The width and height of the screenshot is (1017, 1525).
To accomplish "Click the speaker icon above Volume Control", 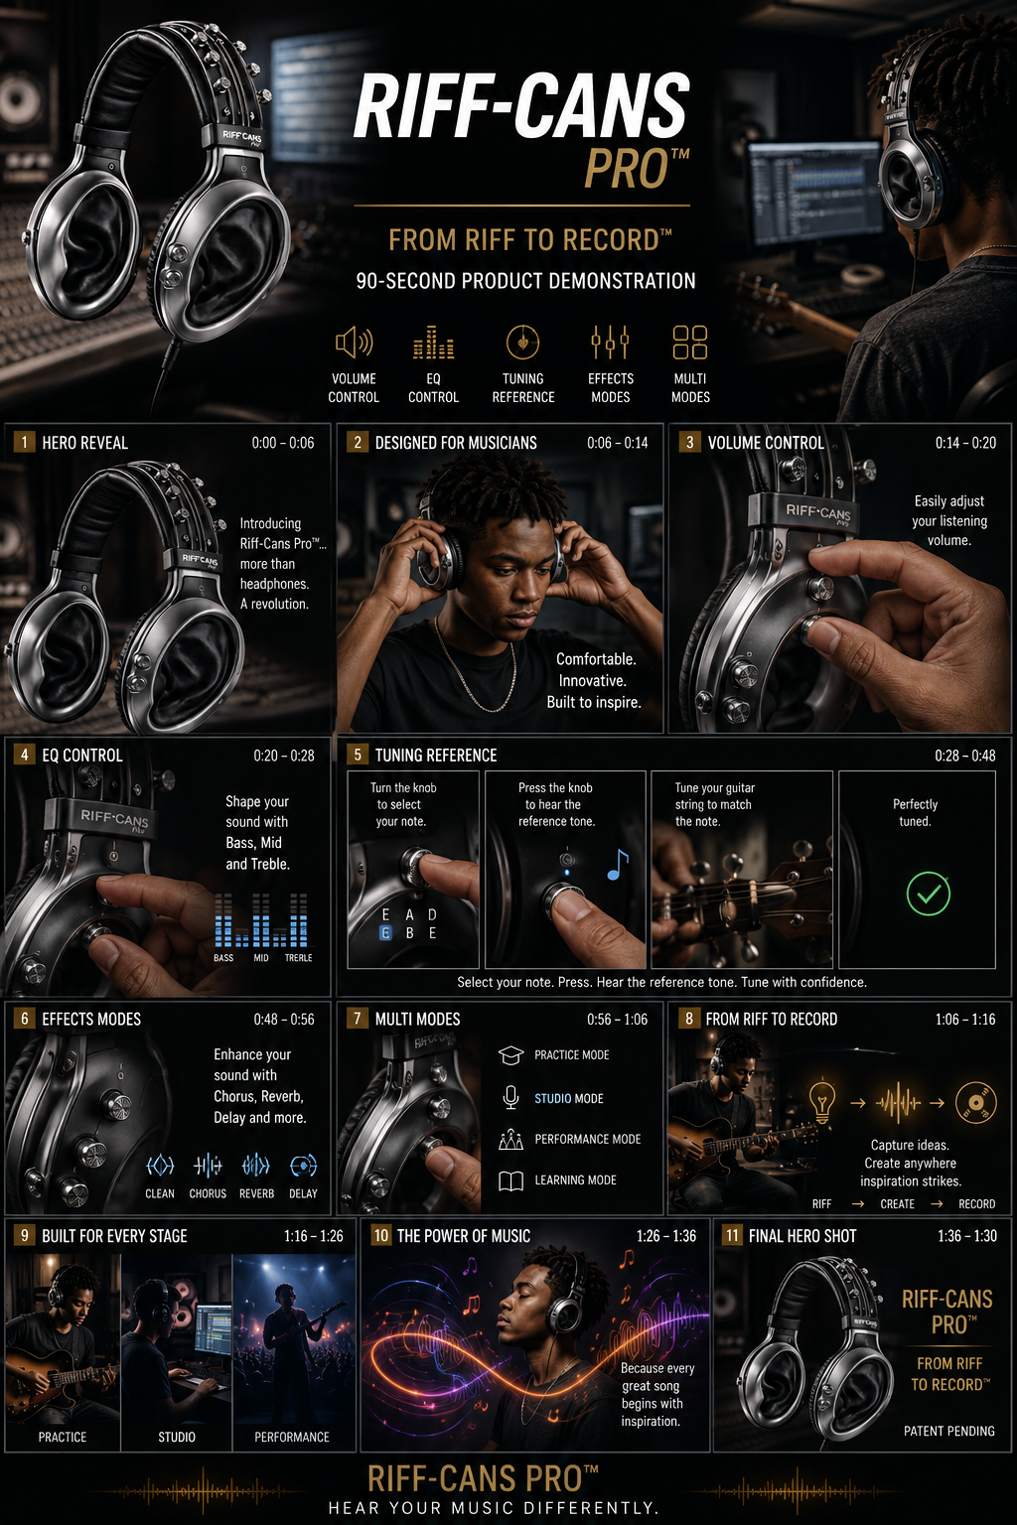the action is [x=354, y=342].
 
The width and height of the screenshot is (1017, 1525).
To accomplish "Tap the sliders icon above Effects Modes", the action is [x=610, y=342].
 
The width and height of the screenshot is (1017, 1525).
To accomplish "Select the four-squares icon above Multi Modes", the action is [x=690, y=342].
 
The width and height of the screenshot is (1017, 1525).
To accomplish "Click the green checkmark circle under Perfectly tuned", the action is [x=929, y=894].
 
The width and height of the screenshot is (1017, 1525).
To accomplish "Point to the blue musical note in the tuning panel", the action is [x=617, y=865].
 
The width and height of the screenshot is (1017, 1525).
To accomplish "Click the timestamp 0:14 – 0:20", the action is [x=965, y=443].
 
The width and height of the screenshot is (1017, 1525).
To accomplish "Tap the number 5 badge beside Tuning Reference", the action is [x=358, y=755].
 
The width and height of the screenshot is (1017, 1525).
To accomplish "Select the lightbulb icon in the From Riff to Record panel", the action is [x=822, y=1101].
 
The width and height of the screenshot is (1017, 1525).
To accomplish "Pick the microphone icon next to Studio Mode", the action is [x=510, y=1097].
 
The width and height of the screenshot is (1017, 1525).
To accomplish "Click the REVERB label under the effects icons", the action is [x=257, y=1193].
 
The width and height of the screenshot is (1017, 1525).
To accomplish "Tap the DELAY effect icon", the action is [x=303, y=1166].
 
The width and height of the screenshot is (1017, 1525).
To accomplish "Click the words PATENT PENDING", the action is [x=948, y=1431].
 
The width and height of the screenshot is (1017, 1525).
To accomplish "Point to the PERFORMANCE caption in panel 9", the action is [x=292, y=1438].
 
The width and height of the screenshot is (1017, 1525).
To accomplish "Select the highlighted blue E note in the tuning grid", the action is [x=385, y=932].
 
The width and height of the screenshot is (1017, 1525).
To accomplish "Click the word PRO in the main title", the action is [x=627, y=169].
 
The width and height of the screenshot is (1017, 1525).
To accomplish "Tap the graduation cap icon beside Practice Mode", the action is [x=510, y=1055].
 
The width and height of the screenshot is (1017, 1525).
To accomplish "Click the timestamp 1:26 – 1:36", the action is [x=666, y=1236].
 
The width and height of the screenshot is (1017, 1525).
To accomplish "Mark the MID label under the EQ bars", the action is [x=261, y=958].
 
